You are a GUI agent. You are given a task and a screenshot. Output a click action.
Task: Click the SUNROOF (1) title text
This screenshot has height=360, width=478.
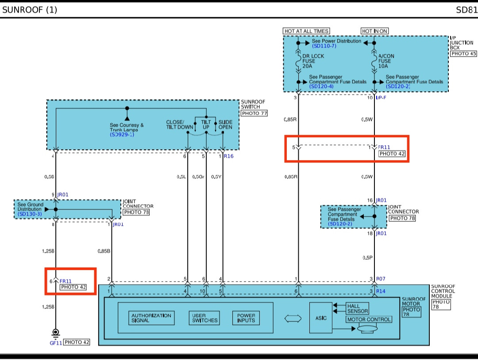[30, 9]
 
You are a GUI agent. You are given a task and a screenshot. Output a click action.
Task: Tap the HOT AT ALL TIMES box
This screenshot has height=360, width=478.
[306, 31]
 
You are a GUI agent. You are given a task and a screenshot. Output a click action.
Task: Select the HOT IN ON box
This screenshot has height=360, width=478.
[374, 31]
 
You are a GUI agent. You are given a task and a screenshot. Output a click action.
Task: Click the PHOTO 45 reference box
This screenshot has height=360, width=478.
[463, 54]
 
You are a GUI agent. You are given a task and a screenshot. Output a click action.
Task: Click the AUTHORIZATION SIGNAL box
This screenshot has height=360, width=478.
[151, 318]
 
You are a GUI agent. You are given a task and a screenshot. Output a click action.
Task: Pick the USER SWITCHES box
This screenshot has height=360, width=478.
[205, 318]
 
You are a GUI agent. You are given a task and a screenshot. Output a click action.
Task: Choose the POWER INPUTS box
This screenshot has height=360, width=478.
[246, 318]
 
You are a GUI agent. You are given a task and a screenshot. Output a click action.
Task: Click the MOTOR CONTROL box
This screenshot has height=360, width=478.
[369, 319]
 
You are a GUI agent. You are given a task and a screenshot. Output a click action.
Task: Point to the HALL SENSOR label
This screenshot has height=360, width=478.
[357, 309]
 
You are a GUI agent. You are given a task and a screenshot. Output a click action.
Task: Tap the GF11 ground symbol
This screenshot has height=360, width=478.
[56, 332]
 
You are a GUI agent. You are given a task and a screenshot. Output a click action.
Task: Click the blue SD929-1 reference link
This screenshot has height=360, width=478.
[122, 134]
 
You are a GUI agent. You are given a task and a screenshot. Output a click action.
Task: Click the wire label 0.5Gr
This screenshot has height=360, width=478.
[198, 177]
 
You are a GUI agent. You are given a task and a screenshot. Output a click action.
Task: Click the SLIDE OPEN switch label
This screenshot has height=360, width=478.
[225, 124]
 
